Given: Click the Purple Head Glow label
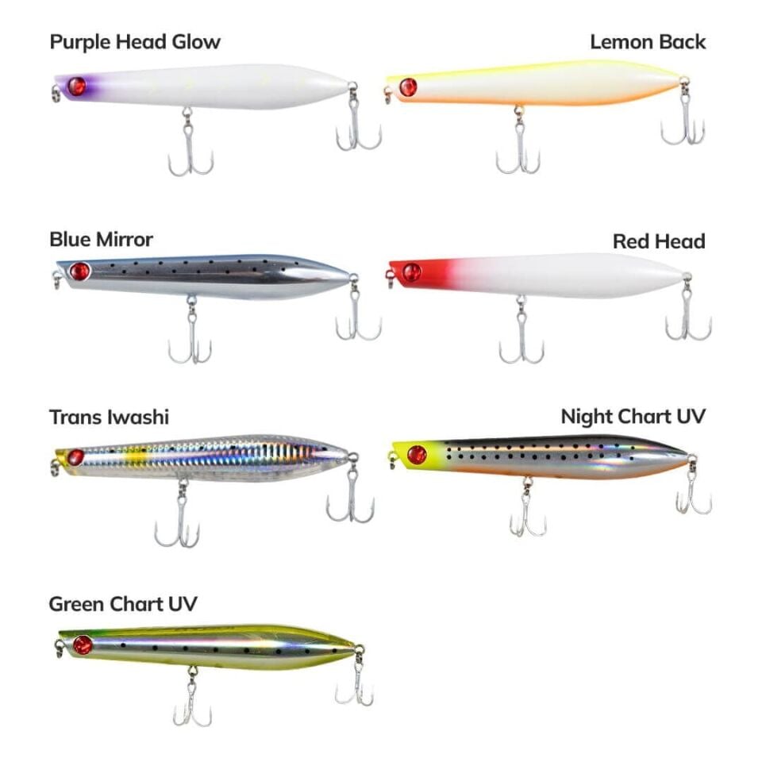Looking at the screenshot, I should [135, 42].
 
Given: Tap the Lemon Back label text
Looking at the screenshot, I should [648, 42].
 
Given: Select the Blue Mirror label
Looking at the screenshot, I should [101, 239].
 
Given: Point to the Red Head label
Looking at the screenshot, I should [659, 241].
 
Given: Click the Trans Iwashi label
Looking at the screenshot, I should [109, 417].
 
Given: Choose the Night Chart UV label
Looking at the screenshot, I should [633, 417].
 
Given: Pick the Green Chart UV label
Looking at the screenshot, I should [123, 605].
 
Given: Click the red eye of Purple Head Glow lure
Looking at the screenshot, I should [76, 87].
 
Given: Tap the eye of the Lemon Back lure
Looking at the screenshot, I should [408, 87].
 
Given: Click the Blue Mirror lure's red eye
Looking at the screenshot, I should [79, 271].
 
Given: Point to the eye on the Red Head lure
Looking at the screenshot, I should [411, 273].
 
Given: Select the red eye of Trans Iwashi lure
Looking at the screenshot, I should [75, 457].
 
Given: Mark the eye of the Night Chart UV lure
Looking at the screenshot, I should [417, 455].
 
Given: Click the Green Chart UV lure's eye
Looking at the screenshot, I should [83, 645].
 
